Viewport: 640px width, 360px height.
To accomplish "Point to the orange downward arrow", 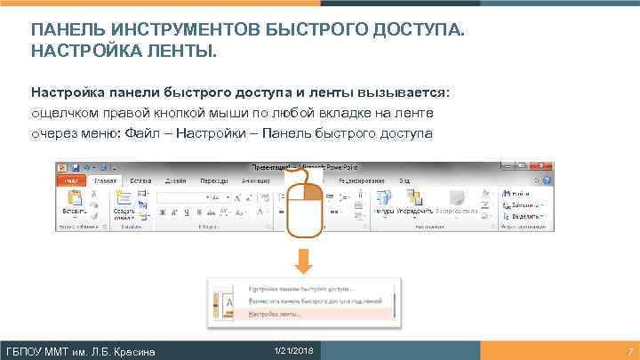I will [x=304, y=260].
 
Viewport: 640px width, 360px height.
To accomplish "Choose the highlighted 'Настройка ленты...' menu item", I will [x=275, y=315].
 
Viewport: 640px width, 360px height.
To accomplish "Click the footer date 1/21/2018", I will [x=288, y=349].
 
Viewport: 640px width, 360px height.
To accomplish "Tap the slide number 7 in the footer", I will [x=629, y=350].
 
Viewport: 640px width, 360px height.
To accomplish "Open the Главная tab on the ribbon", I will [x=105, y=180].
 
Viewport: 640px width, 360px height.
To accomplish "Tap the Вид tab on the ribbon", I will [x=404, y=180].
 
